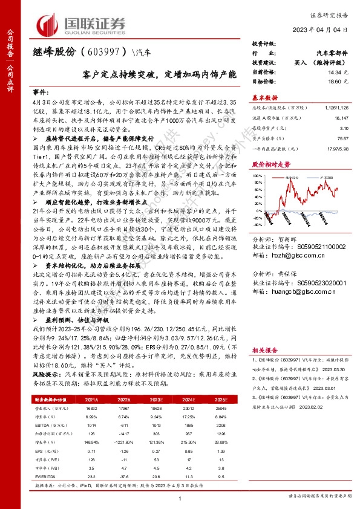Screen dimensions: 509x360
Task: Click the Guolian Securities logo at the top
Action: click(82, 25)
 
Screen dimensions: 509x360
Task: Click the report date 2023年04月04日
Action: click(327, 30)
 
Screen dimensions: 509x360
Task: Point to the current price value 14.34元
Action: click(339, 73)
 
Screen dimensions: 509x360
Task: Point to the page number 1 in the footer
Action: click(180, 497)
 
